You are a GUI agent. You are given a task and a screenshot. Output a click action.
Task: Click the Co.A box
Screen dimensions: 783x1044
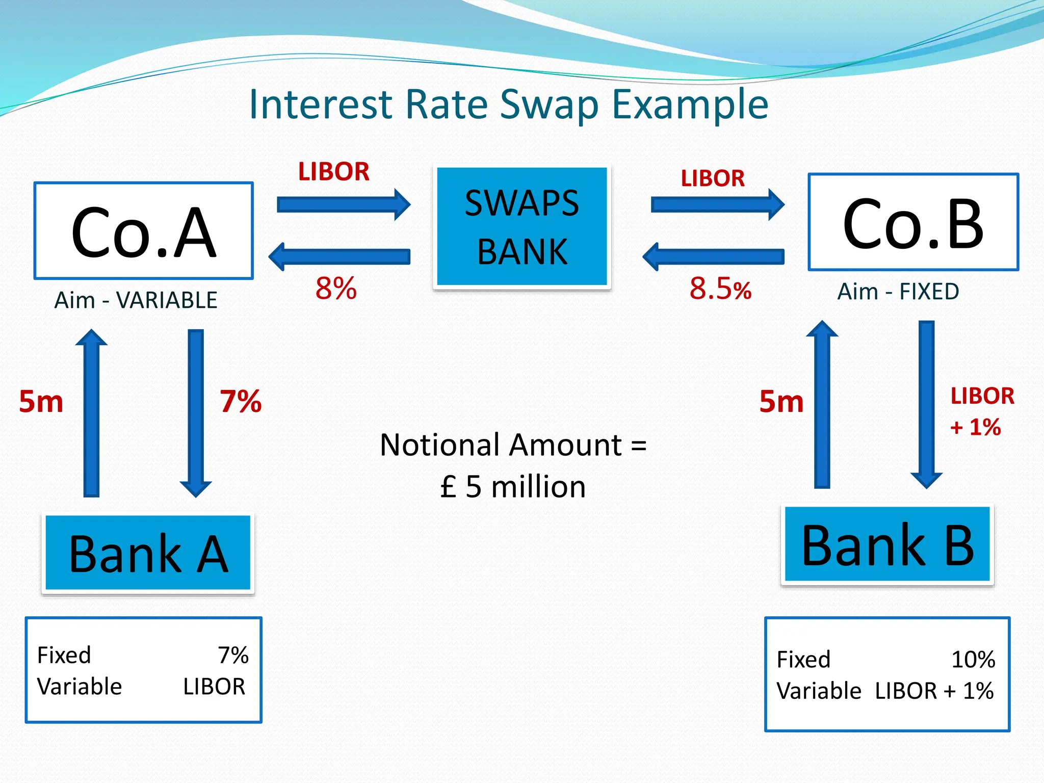pos(143,230)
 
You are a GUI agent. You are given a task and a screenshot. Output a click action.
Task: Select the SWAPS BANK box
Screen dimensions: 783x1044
pos(522,226)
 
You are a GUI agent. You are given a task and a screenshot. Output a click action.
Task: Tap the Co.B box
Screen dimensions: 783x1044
pos(913,222)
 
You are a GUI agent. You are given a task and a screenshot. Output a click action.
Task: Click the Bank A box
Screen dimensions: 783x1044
pos(148,553)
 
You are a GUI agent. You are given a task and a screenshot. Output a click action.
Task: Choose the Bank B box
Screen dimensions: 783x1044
pos(888,544)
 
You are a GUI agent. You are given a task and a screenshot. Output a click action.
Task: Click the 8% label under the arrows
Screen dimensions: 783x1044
pos(336,288)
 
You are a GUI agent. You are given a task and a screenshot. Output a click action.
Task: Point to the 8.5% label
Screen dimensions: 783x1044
pos(720,289)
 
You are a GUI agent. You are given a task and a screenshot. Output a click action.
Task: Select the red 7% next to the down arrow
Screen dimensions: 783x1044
pos(241,401)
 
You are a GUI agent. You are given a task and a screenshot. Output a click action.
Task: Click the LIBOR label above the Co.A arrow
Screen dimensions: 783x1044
pos(333,172)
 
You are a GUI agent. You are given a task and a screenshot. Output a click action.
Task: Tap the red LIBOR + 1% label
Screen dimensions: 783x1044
pos(981,411)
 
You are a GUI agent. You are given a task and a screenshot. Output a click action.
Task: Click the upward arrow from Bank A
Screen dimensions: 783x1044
pos(91,413)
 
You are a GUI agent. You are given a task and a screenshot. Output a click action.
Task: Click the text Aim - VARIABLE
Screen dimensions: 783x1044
pos(136,300)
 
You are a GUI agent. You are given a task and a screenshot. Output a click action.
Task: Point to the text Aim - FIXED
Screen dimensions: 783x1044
pos(898,292)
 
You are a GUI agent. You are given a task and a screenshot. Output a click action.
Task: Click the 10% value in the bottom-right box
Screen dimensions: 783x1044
pos(973,660)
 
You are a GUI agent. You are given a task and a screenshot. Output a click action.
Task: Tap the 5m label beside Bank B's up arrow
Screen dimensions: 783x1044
pos(781,402)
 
